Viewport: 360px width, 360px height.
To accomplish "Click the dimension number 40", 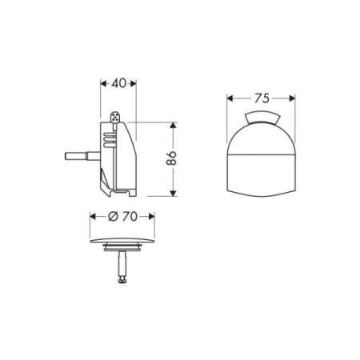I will tap(118, 82).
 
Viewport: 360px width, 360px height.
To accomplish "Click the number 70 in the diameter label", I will tap(130, 217).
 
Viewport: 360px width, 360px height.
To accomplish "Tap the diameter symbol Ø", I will tap(113, 217).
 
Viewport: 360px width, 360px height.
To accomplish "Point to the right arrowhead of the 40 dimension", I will tap(134, 82).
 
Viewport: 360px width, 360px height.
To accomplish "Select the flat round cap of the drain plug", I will tap(122, 242).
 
